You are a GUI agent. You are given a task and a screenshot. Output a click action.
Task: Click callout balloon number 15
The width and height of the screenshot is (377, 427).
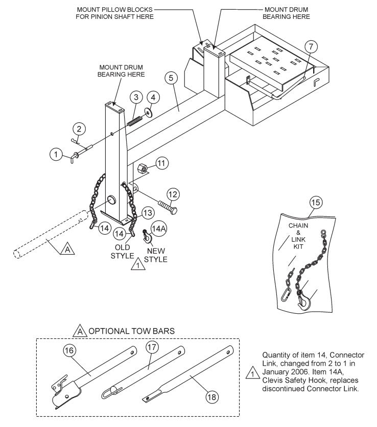(x=316, y=203)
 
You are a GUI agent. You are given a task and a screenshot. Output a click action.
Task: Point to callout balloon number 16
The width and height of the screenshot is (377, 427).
(x=70, y=350)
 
